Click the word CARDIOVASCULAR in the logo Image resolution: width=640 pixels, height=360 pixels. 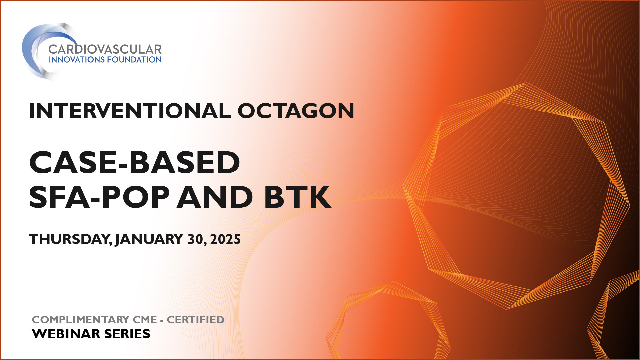[x=105, y=49]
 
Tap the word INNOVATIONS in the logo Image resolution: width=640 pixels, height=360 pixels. [x=76, y=60]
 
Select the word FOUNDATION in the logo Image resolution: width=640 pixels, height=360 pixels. [x=134, y=60]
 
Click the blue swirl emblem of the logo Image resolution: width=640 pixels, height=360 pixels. [x=35, y=50]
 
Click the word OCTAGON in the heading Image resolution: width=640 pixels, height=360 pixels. [x=296, y=111]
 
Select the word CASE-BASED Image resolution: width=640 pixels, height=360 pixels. [x=135, y=162]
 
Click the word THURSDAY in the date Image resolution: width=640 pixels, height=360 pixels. [x=70, y=239]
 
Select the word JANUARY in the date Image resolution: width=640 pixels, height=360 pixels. [x=149, y=239]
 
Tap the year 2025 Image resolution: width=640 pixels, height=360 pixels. [x=225, y=239]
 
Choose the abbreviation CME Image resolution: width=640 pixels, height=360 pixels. [x=145, y=320]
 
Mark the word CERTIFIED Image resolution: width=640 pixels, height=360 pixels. [x=195, y=320]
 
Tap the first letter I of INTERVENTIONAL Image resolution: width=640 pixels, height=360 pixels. [x=32, y=111]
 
